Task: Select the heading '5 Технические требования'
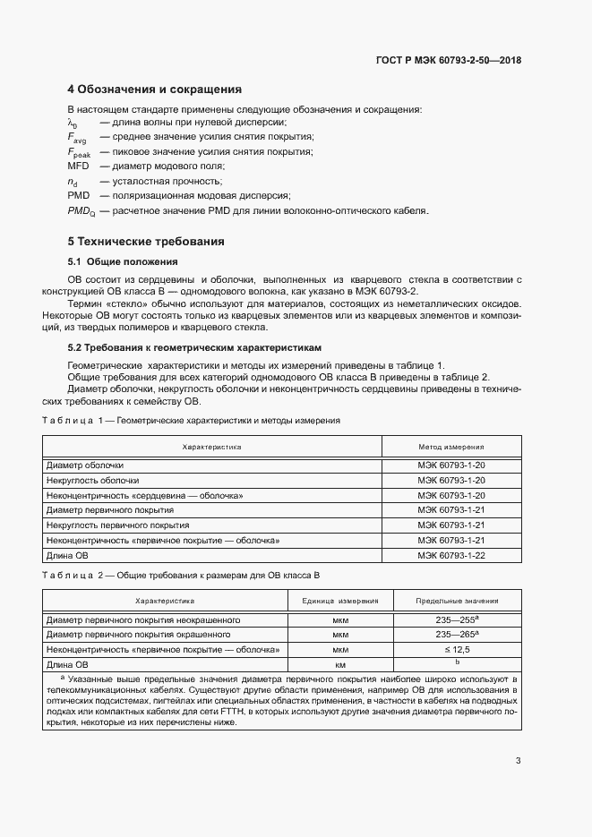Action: pyautogui.click(x=146, y=242)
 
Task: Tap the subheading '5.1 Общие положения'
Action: pyautogui.click(x=123, y=261)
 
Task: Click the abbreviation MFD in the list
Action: pyautogui.click(x=79, y=166)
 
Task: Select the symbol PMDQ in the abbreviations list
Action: pyautogui.click(x=82, y=211)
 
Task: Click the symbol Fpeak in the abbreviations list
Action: pyautogui.click(x=79, y=152)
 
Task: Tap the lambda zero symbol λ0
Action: pyautogui.click(x=73, y=123)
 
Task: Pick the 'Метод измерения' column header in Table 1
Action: pyautogui.click(x=451, y=446)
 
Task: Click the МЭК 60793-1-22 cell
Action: pyautogui.click(x=451, y=556)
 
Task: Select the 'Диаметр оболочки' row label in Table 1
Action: pyautogui.click(x=85, y=465)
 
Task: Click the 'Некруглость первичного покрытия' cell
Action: pyautogui.click(x=117, y=525)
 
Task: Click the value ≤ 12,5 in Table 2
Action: pyautogui.click(x=457, y=650)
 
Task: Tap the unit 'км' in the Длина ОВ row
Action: pyautogui.click(x=340, y=665)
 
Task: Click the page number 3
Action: pyautogui.click(x=518, y=761)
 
